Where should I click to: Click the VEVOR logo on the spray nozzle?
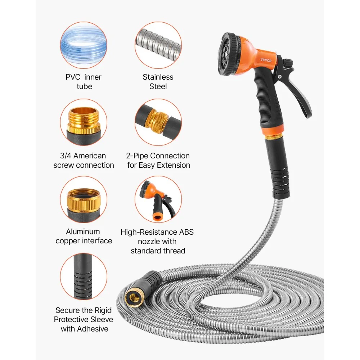pyautogui.click(x=266, y=60)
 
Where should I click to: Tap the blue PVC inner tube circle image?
pyautogui.click(x=84, y=45)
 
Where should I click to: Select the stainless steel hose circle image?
pyautogui.click(x=158, y=45)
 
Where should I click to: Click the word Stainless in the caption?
pyautogui.click(x=158, y=77)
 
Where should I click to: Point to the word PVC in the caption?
pyautogui.click(x=73, y=77)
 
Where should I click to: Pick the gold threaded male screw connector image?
pyautogui.click(x=84, y=122)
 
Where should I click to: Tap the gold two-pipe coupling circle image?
pyautogui.click(x=158, y=122)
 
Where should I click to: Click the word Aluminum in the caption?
pyautogui.click(x=83, y=231)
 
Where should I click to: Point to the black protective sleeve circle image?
pyautogui.click(x=84, y=276)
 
